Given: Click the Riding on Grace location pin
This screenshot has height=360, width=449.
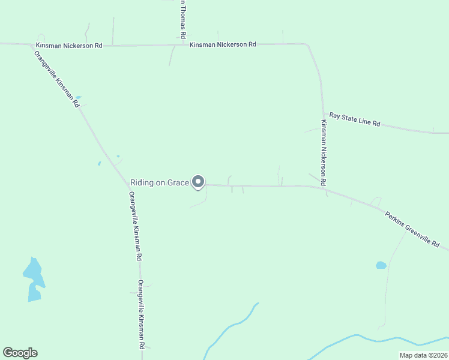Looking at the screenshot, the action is pyautogui.click(x=198, y=182).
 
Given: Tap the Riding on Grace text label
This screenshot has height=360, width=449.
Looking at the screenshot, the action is pyautogui.click(x=160, y=182).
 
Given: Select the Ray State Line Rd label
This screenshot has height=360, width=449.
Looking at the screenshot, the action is pyautogui.click(x=355, y=119).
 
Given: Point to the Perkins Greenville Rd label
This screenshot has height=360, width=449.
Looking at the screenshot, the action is pyautogui.click(x=412, y=229).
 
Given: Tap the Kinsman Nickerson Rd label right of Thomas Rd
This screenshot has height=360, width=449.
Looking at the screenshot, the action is pyautogui.click(x=223, y=44).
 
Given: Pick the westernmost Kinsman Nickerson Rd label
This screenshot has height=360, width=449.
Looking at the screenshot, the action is pyautogui.click(x=69, y=45).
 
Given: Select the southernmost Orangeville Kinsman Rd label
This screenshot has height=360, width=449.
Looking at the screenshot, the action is pyautogui.click(x=141, y=314).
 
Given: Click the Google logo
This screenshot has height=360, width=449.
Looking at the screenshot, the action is pyautogui.click(x=20, y=353).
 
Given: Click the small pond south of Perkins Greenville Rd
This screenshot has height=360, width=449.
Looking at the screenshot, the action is pyautogui.click(x=381, y=265).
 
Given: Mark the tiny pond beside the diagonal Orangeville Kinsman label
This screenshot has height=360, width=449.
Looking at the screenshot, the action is pyautogui.click(x=78, y=97).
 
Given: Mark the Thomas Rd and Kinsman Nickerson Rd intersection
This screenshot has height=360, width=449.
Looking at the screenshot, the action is pyautogui.click(x=182, y=44).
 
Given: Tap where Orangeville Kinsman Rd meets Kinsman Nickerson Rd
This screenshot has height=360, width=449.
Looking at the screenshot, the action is pyautogui.click(x=31, y=44).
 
